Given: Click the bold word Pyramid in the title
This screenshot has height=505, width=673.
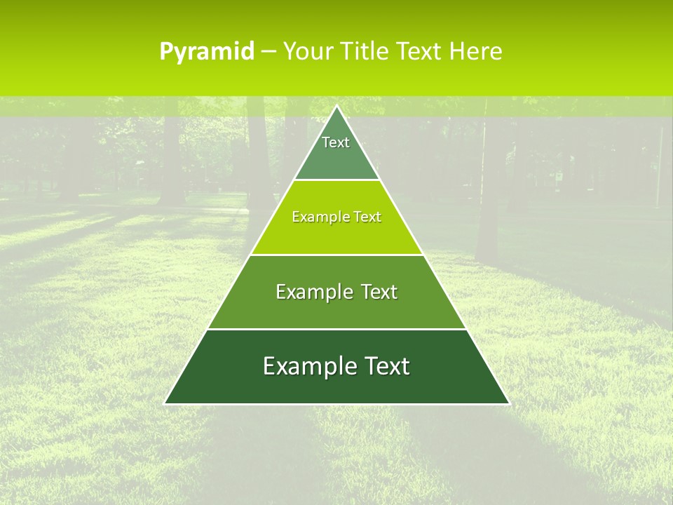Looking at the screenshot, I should tap(207, 52).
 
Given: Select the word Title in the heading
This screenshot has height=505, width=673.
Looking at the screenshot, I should tap(366, 52).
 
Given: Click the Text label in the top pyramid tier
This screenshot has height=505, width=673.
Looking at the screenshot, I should tap(336, 142).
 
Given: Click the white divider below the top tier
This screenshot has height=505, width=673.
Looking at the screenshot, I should tap(336, 180).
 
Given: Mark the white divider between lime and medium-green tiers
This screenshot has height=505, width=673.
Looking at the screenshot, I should tap(336, 255).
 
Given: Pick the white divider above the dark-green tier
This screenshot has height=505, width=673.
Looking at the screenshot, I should tap(336, 329).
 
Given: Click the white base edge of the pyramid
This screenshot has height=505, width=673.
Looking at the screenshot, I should tap(336, 404).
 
